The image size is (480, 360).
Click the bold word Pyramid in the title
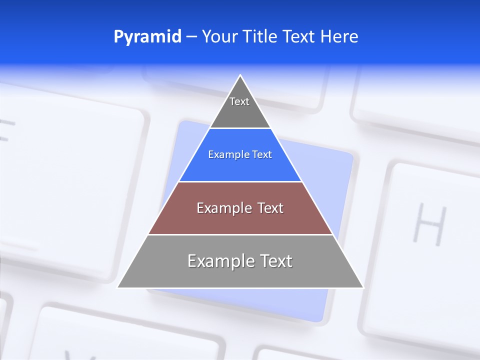(147, 37)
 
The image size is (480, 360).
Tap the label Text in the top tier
(239, 101)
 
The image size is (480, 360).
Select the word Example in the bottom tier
(219, 261)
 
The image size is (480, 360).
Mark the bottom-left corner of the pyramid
(118, 287)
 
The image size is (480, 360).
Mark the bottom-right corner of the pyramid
(363, 287)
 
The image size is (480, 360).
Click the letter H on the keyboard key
(428, 224)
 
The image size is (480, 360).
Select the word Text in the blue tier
(262, 154)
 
